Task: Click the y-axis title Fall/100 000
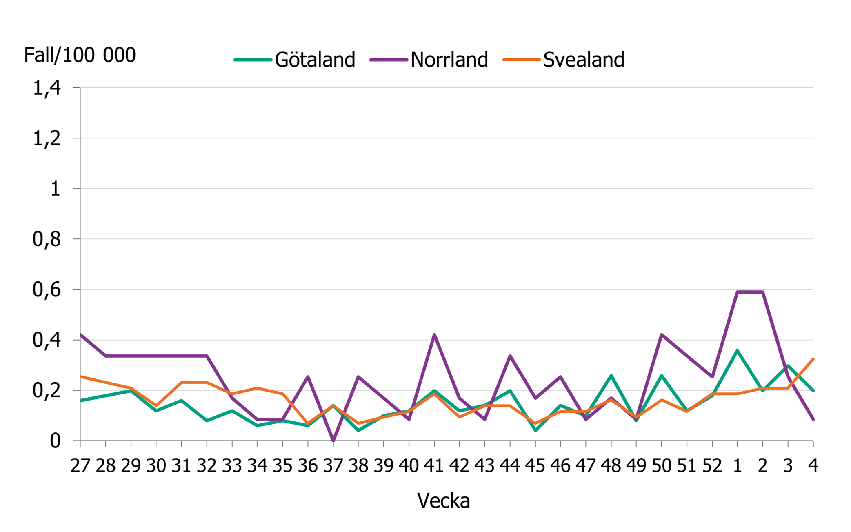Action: coord(80,55)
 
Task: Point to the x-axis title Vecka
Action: coord(443,501)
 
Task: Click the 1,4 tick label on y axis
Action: coord(47,88)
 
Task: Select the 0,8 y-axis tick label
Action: coord(47,239)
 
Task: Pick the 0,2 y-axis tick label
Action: coord(47,391)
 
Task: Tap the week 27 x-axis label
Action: coord(80,465)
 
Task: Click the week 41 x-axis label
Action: coord(434,465)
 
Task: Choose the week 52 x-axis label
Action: coord(712,465)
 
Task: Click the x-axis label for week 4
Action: coord(813,465)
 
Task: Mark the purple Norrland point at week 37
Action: coord(333,440)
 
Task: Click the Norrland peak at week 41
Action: coord(434,335)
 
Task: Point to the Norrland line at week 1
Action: coord(737,292)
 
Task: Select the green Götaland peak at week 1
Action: coord(737,350)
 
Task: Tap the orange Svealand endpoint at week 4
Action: coord(813,359)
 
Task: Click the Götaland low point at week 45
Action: coord(535,430)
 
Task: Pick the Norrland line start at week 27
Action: coord(81,335)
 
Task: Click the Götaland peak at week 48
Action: coord(611,375)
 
